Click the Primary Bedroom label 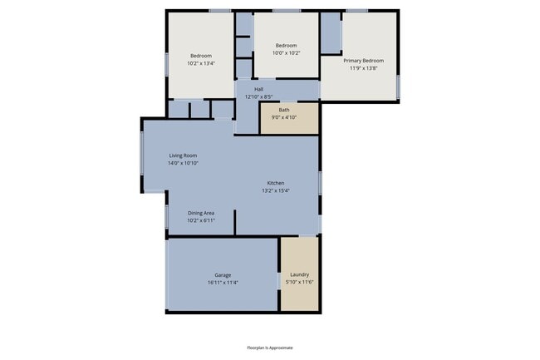364,60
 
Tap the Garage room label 223,274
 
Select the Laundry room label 299,274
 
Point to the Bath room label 284,110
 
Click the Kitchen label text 276,183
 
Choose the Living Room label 183,155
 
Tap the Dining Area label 201,213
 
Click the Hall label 258,89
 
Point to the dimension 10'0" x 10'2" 286,52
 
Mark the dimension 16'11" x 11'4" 223,282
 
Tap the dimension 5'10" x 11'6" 299,282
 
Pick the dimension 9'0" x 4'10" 284,117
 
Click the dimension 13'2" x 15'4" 276,190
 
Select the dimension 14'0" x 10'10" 183,163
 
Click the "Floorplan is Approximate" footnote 269,348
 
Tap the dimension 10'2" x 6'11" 201,220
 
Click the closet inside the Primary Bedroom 331,33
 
